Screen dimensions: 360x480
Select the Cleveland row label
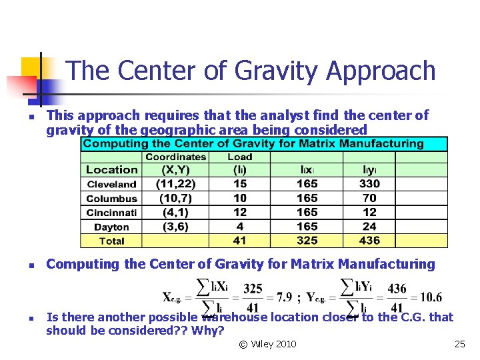point(111,184)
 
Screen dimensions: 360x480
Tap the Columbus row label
point(111,199)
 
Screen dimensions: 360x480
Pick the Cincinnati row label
point(111,213)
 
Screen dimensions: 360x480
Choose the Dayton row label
point(111,227)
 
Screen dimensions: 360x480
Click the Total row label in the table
point(111,241)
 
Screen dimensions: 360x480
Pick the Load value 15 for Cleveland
point(240,184)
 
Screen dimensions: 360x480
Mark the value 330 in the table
point(369,184)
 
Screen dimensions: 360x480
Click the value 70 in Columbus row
point(369,198)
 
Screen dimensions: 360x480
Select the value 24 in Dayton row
point(369,226)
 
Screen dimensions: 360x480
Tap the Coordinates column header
point(176,157)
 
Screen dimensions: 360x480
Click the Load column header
point(240,157)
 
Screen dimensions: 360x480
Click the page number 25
point(459,344)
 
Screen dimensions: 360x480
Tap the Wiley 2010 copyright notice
point(267,344)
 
